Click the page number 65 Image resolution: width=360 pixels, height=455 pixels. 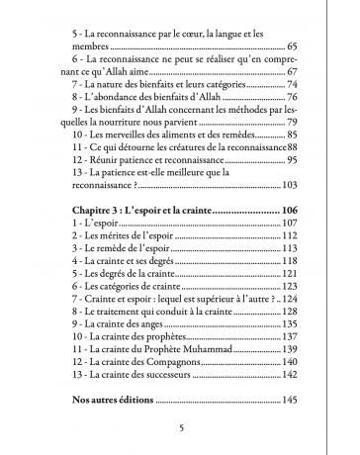291,46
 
